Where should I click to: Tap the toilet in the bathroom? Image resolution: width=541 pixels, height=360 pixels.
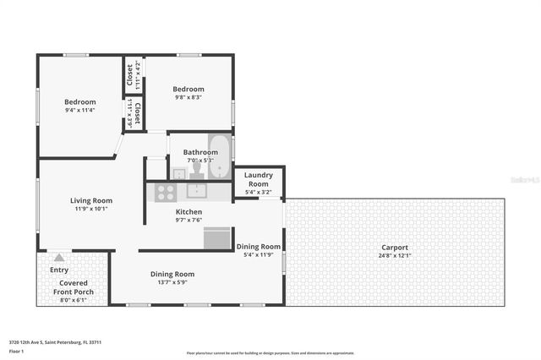point(196,169)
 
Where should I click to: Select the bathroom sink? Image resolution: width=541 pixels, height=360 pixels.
point(178,173)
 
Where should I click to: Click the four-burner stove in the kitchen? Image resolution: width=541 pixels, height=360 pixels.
point(164,192)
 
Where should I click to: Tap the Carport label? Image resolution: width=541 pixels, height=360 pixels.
point(395,248)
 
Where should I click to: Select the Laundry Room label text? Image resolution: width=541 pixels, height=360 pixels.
point(258,179)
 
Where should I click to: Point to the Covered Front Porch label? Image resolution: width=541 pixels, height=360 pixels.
point(74,287)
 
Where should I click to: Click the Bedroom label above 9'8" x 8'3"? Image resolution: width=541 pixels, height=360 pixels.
point(189,89)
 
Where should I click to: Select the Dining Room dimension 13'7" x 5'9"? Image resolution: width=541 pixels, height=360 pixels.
point(172,283)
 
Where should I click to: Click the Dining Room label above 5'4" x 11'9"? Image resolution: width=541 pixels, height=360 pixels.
point(259,246)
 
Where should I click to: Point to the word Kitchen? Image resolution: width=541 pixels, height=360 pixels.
point(189,211)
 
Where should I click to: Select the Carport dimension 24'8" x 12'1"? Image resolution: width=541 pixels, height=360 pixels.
point(395,256)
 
